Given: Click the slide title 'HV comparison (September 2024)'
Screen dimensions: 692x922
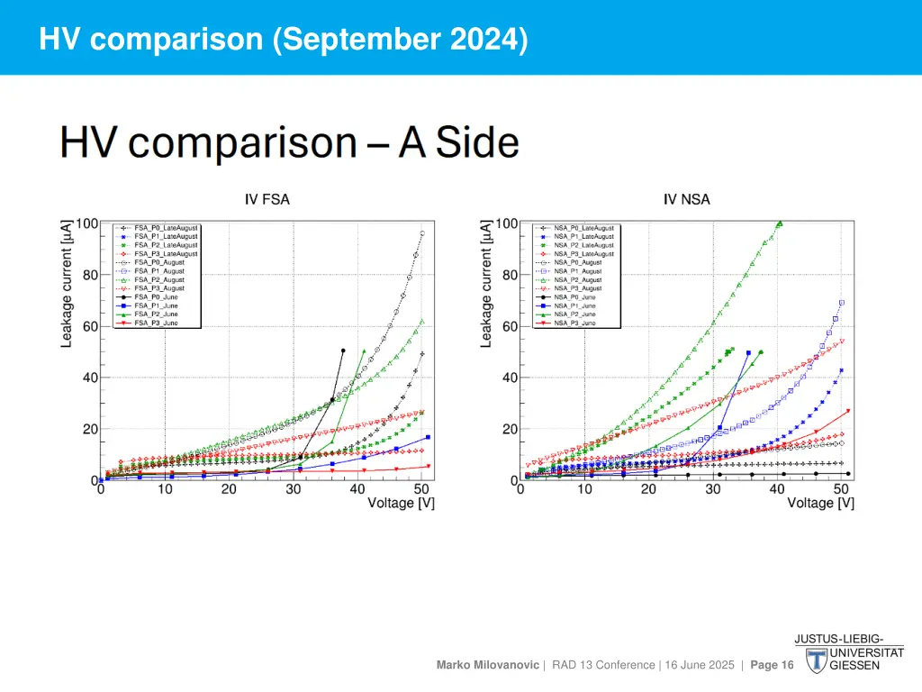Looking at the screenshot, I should click(x=284, y=39).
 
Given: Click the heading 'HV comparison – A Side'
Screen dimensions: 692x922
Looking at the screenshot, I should click(x=289, y=143).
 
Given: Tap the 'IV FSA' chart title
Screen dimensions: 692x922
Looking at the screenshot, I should click(x=267, y=199).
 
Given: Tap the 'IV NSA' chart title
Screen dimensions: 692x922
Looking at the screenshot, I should click(x=687, y=199).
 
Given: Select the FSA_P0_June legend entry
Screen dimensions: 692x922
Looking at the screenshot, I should click(x=157, y=296).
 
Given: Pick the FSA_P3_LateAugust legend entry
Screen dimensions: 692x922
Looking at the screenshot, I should click(x=166, y=254).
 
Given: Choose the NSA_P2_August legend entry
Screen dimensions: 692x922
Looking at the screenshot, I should click(x=583, y=279).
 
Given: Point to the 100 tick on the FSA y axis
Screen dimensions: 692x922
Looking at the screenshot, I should click(x=87, y=223).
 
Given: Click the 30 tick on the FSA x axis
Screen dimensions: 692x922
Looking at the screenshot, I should click(x=294, y=489).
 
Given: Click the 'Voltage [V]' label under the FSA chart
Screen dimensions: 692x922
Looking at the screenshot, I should click(x=401, y=503).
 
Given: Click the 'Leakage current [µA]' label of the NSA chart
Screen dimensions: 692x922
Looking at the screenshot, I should click(x=486, y=282).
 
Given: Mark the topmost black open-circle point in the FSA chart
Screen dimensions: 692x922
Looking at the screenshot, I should click(x=422, y=233).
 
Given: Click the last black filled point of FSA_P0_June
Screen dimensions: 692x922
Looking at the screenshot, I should click(x=343, y=351).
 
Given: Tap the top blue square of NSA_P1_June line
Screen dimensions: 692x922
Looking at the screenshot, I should click(x=748, y=353).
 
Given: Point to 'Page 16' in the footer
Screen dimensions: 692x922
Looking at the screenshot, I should click(x=772, y=665).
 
